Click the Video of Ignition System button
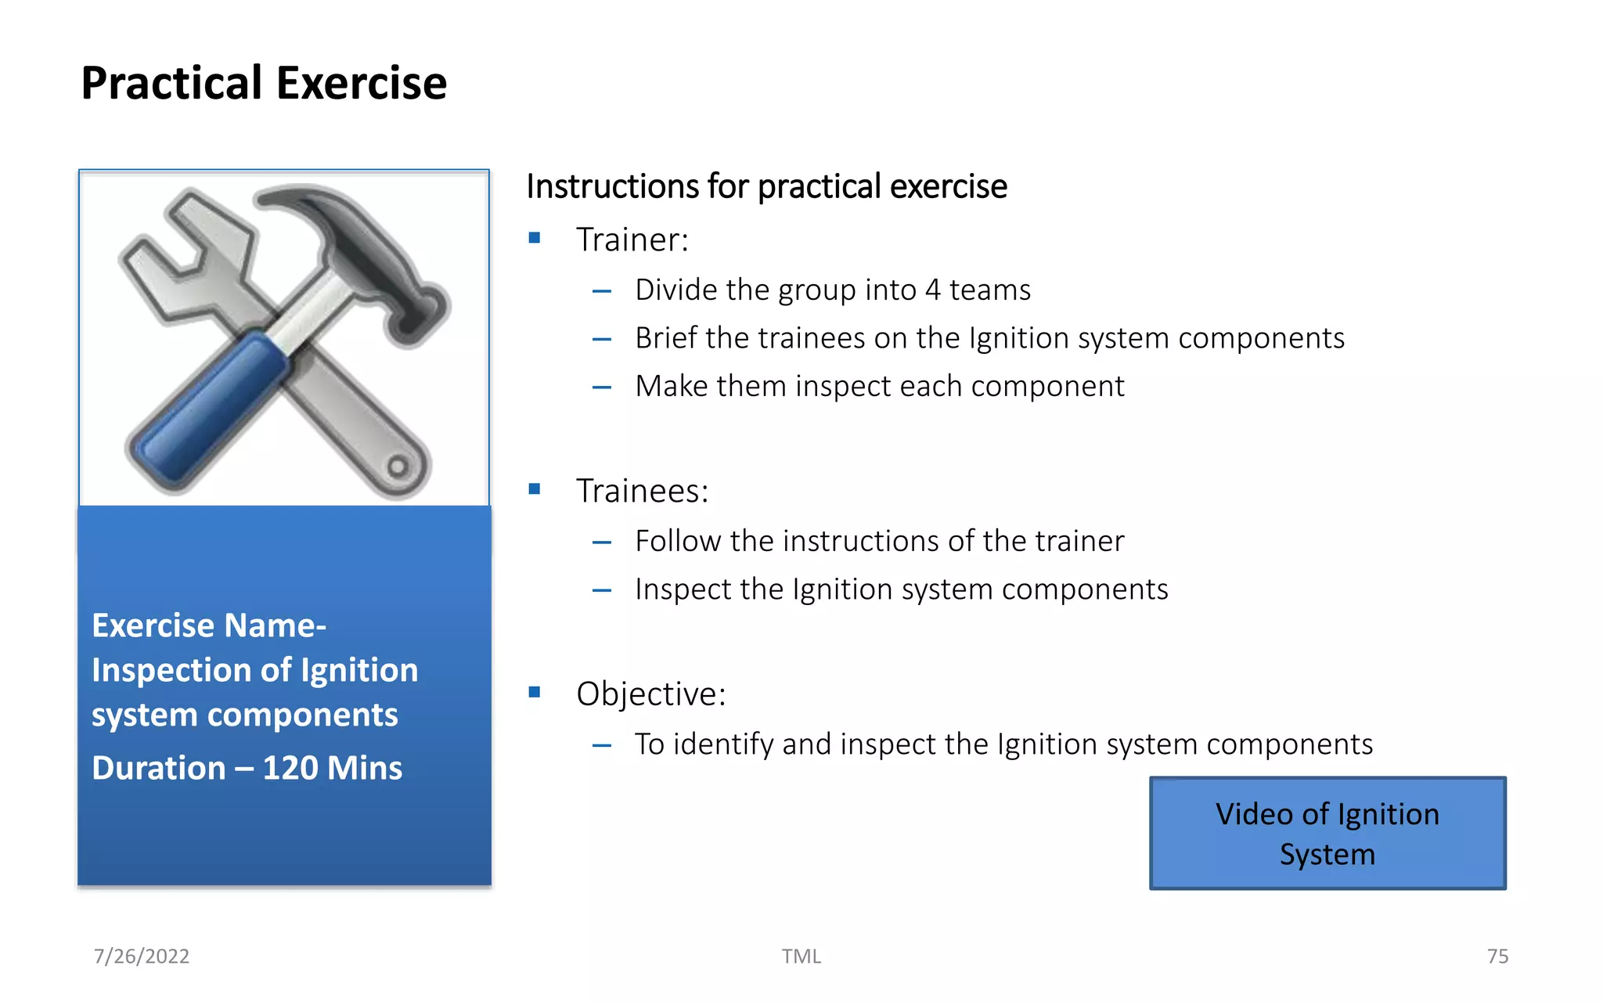(x=1327, y=833)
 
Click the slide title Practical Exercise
(x=264, y=83)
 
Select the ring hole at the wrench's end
(x=398, y=467)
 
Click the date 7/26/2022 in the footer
(x=142, y=956)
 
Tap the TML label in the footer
(x=801, y=956)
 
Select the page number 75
(x=1497, y=956)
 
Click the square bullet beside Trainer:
(x=535, y=238)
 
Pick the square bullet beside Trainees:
(x=535, y=489)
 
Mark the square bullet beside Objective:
(x=535, y=692)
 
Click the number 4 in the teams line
(x=932, y=290)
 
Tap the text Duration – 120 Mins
(x=247, y=768)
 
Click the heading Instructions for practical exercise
(x=766, y=186)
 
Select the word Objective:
(x=650, y=694)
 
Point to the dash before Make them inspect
(x=601, y=387)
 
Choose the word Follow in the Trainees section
(x=678, y=541)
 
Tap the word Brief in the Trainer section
(x=665, y=338)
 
